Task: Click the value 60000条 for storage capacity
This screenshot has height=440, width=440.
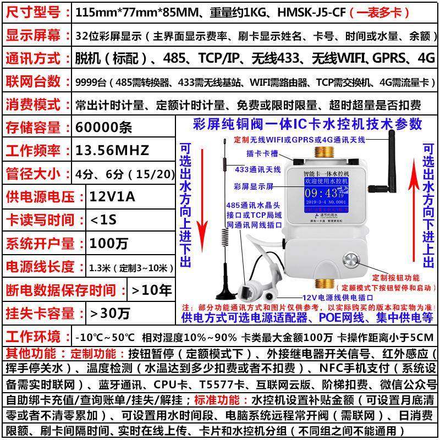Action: (x=104, y=128)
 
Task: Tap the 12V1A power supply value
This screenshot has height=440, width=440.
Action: (x=112, y=196)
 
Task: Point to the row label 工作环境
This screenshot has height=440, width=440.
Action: (x=34, y=336)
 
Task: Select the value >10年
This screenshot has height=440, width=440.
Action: (x=152, y=289)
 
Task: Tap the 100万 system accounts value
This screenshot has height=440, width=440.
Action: (x=105, y=243)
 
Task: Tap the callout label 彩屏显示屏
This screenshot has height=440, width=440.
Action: (x=253, y=186)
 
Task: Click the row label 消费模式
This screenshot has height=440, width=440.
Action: (x=34, y=104)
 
